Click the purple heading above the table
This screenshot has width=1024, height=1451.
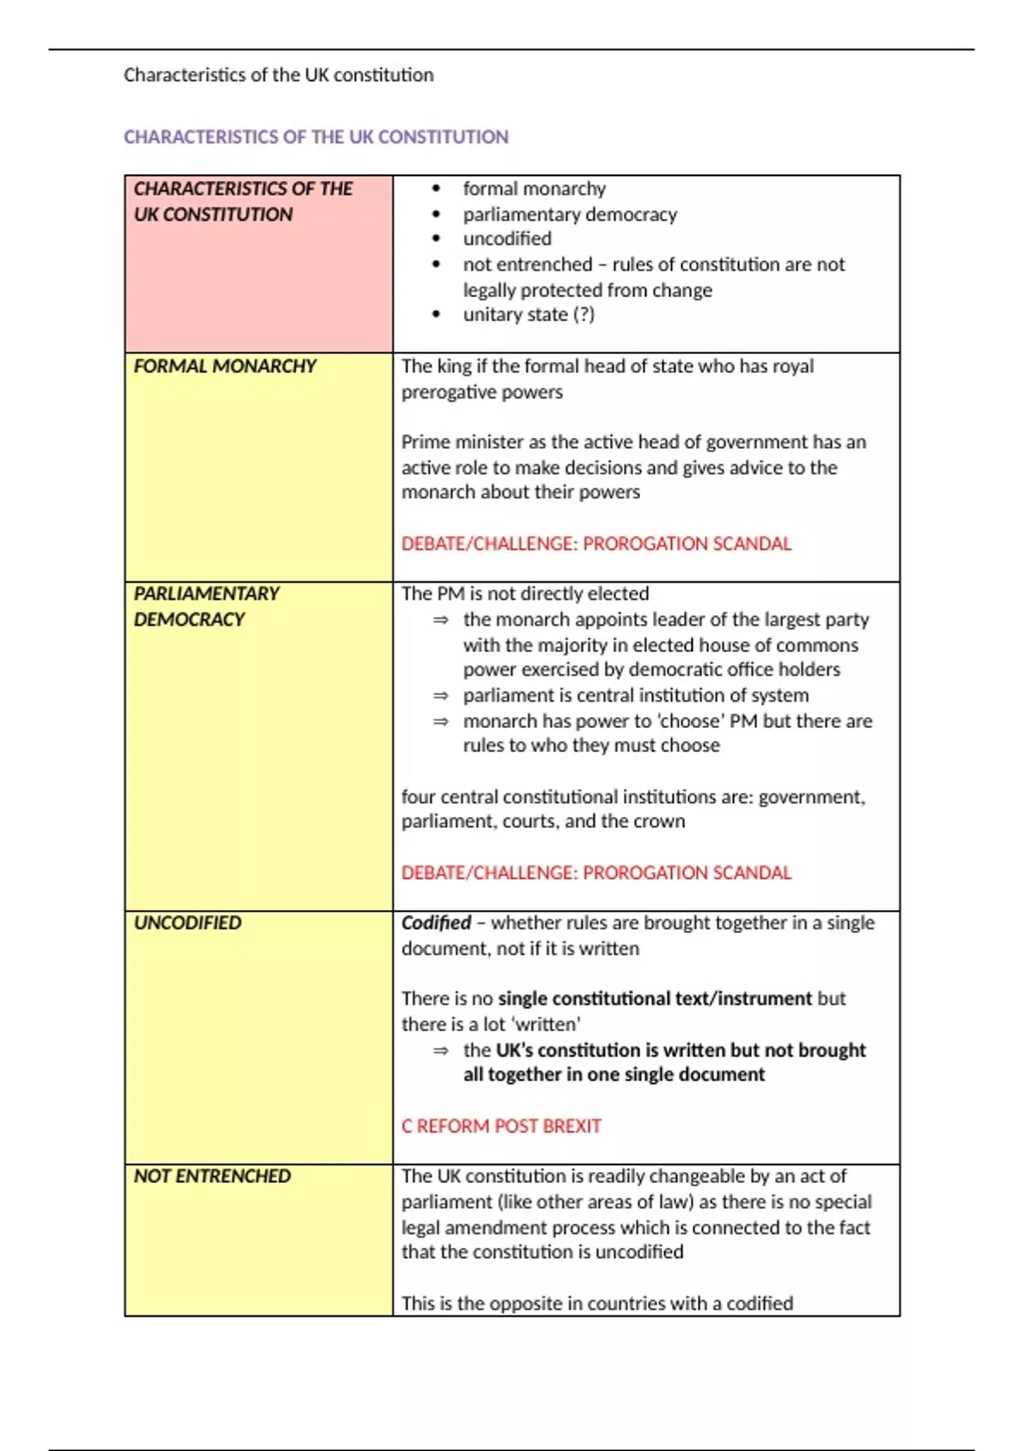tap(316, 137)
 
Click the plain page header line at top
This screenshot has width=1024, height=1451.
tap(278, 75)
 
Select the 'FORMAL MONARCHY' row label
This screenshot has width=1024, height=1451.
tap(224, 366)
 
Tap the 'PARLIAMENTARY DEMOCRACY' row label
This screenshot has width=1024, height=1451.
tap(207, 606)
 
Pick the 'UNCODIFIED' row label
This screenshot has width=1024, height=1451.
tap(187, 923)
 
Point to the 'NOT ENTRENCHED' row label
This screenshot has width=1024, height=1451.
tap(212, 1176)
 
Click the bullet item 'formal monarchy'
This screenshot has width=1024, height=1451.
tap(534, 189)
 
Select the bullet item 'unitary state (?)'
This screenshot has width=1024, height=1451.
tap(528, 315)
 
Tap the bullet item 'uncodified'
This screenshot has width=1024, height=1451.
tap(507, 239)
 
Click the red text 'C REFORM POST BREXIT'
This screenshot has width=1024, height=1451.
tap(501, 1126)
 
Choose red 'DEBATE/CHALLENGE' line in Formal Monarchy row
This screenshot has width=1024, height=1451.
tap(596, 544)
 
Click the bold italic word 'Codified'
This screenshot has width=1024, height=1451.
tap(436, 923)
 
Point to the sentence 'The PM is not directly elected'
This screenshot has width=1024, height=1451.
tap(525, 593)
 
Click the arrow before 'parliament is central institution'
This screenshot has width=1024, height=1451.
tap(440, 696)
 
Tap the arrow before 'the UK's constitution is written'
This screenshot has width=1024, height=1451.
tap(440, 1051)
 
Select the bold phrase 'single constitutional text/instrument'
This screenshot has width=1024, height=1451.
tap(655, 999)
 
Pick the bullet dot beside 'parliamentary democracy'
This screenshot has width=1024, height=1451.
tap(437, 214)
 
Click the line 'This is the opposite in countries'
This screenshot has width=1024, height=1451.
tap(596, 1303)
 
